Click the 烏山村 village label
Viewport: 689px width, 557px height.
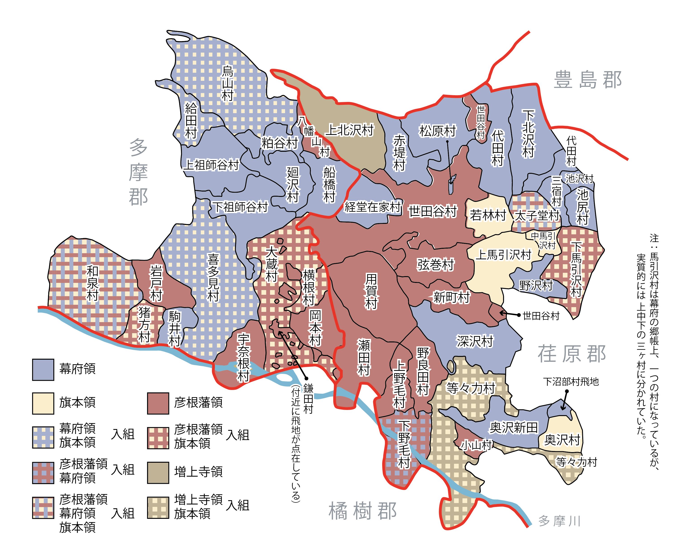tap(227, 84)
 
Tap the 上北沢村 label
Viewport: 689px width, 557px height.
tap(350, 130)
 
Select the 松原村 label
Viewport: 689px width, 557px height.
tap(437, 131)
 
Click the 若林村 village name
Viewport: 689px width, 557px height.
tap(488, 215)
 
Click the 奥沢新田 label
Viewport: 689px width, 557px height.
tap(514, 427)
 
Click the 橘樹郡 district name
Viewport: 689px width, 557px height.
tap(362, 511)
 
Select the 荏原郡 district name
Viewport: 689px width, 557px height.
tap(572, 354)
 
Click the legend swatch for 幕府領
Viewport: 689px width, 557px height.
tap(43, 370)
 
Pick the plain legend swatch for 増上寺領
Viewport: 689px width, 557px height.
tap(158, 473)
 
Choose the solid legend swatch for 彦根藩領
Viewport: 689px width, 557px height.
tap(158, 403)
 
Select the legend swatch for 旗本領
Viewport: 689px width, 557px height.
tap(43, 403)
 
